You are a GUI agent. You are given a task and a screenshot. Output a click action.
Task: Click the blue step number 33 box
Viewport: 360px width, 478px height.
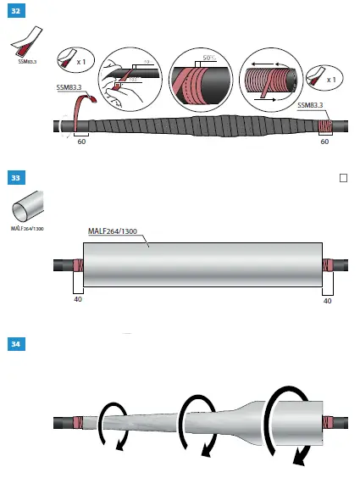pos(14,179)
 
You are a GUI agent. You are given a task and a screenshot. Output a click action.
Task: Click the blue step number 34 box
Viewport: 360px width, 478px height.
pos(14,345)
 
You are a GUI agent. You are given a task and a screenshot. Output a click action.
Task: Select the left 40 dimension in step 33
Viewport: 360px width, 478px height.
pos(76,299)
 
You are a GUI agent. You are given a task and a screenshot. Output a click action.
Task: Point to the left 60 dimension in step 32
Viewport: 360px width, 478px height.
pos(81,143)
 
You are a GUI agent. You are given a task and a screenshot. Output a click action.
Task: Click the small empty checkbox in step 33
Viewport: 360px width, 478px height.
pos(343,179)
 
